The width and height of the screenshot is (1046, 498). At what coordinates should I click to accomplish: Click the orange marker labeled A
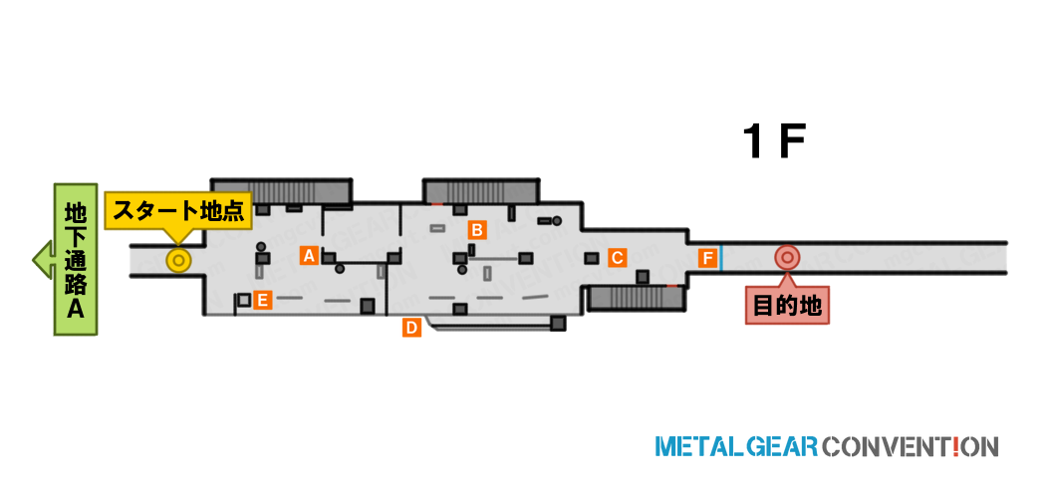(308, 255)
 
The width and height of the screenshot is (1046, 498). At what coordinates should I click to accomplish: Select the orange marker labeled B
(476, 230)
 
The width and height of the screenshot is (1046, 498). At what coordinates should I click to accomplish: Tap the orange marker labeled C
(617, 257)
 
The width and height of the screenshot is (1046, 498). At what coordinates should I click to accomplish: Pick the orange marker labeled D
(411, 328)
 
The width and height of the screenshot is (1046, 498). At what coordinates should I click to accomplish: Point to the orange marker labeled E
(262, 301)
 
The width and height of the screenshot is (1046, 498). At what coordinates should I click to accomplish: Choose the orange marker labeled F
(707, 258)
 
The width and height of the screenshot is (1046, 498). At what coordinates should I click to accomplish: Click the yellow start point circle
(178, 260)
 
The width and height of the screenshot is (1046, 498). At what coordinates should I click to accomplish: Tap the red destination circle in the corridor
(787, 257)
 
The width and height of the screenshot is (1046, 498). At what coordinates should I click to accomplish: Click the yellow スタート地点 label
(178, 211)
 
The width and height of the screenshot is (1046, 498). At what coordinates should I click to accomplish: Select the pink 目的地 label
(787, 307)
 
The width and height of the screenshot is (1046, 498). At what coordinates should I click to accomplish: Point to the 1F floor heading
(774, 142)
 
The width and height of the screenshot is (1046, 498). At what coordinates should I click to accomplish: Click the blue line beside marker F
(721, 258)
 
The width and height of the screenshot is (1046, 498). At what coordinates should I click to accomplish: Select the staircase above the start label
(282, 191)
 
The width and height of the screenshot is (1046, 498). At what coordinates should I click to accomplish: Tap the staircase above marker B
(480, 191)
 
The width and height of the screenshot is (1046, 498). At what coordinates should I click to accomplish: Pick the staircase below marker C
(636, 298)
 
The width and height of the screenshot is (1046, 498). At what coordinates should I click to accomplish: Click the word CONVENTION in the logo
(911, 446)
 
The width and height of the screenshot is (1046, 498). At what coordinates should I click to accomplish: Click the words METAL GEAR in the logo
(736, 446)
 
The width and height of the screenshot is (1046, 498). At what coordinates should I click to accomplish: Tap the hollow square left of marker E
(244, 300)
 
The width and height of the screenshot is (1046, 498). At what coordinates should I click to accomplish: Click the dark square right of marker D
(558, 324)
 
